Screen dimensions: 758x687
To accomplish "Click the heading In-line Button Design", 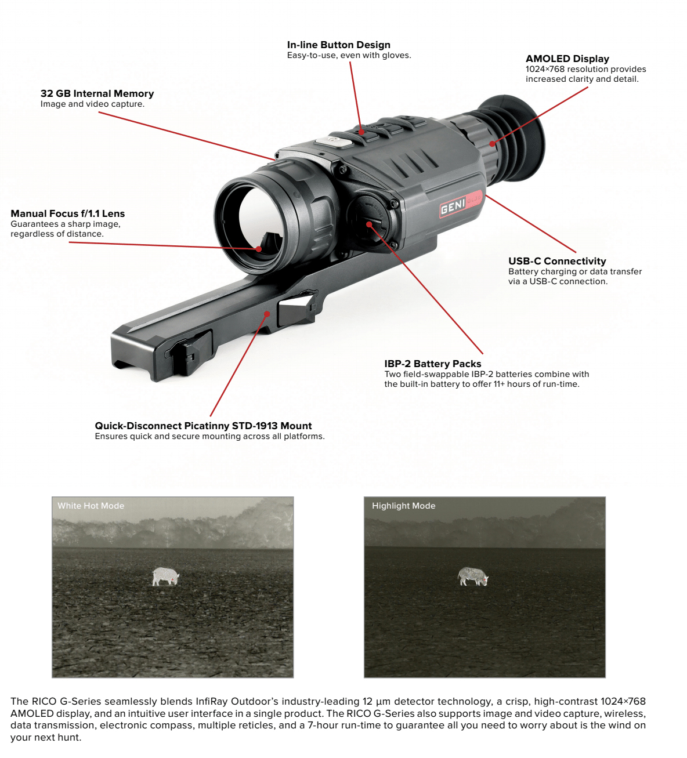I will pyautogui.click(x=338, y=45).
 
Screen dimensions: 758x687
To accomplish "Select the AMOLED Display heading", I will pyautogui.click(x=567, y=59).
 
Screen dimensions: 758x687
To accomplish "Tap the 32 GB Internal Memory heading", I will pyautogui.click(x=97, y=93).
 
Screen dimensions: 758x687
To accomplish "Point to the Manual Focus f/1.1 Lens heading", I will pyautogui.click(x=67, y=213).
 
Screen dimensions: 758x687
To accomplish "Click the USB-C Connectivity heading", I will pyautogui.click(x=557, y=261).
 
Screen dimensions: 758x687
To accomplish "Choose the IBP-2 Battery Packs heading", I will pyautogui.click(x=432, y=364).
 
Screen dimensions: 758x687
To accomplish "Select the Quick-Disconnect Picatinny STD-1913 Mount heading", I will pyautogui.click(x=203, y=426).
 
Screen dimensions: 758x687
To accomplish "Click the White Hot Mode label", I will pyautogui.click(x=91, y=506).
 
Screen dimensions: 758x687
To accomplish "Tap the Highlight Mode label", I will pyautogui.click(x=403, y=506).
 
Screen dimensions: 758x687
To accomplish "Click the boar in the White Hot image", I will pyautogui.click(x=165, y=576).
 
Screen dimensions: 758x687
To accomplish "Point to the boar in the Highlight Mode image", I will pyautogui.click(x=473, y=576).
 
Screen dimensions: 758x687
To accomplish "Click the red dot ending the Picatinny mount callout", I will pyautogui.click(x=267, y=314).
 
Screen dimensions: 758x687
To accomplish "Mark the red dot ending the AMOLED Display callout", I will pyautogui.click(x=492, y=144).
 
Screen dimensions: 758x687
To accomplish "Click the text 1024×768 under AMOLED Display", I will pyautogui.click(x=545, y=69).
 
